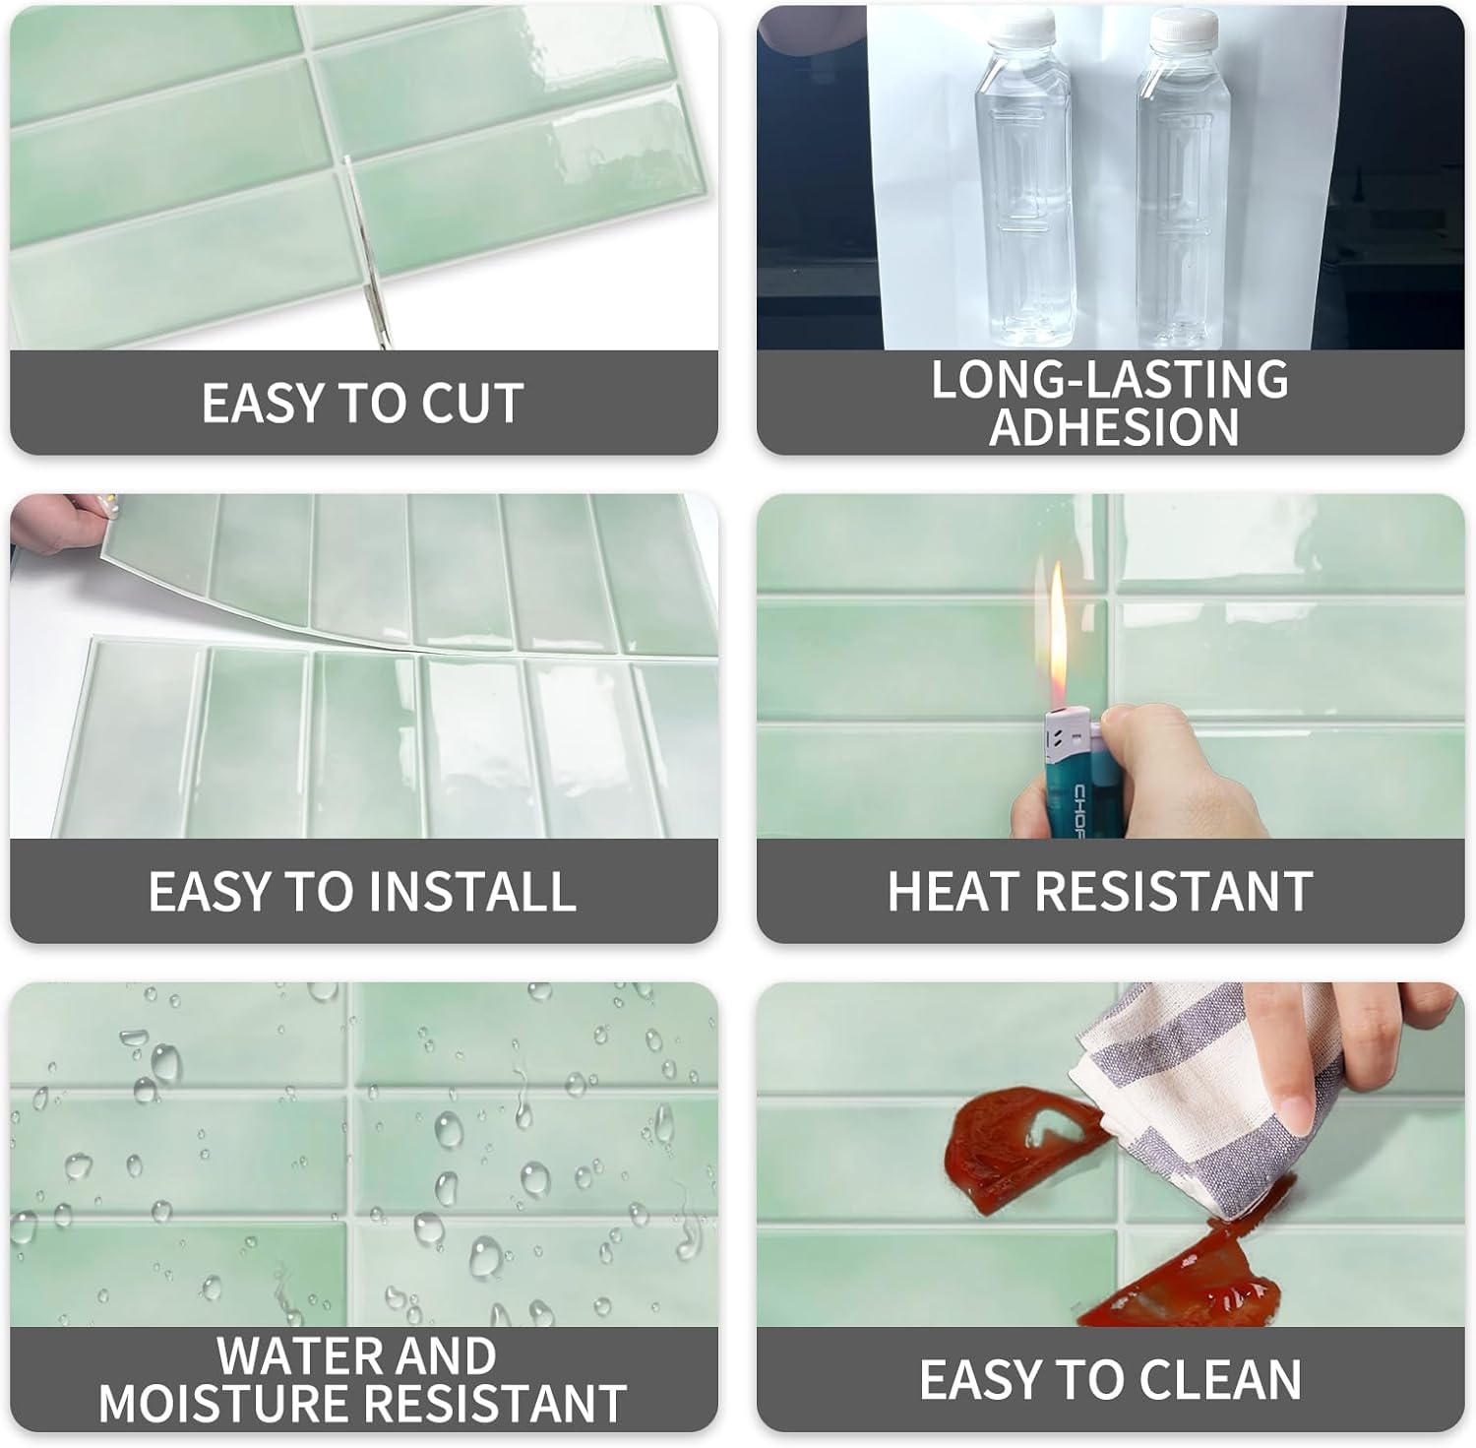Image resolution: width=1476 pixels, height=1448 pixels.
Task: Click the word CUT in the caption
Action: click(x=472, y=403)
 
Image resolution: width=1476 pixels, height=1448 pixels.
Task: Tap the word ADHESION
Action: click(x=1114, y=426)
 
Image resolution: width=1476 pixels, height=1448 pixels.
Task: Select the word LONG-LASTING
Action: click(x=1110, y=379)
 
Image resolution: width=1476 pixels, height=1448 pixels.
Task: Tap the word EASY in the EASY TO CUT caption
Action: click(x=263, y=403)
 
